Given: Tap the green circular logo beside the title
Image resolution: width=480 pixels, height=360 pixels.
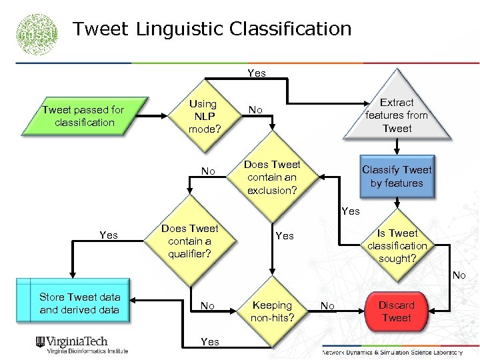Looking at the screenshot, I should (37, 33).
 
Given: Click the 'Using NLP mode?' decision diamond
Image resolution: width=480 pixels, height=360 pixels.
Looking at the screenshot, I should (203, 116).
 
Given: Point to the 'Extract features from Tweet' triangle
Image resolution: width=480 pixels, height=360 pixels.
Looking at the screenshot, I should (397, 115).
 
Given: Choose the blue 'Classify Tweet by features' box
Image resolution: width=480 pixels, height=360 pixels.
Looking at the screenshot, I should (397, 176).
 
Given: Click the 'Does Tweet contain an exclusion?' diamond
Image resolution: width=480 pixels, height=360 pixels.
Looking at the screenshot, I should (271, 177).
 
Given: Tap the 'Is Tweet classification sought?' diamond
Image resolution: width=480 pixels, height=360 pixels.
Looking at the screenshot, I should (397, 245).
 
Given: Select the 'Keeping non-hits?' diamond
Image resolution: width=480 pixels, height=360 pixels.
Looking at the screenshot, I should (271, 311).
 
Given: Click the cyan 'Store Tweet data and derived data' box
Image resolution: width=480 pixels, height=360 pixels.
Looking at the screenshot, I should (79, 303).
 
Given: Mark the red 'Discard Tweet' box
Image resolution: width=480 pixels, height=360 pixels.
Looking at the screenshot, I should (396, 311).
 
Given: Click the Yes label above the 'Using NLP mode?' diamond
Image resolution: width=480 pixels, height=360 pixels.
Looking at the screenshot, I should (256, 73).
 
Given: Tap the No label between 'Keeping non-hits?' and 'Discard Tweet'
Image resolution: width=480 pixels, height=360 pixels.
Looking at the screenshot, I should (327, 305).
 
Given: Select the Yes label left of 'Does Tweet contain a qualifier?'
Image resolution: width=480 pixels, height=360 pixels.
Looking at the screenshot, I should (108, 235).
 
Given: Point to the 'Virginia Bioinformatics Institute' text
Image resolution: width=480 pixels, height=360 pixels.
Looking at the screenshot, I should (86, 351).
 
